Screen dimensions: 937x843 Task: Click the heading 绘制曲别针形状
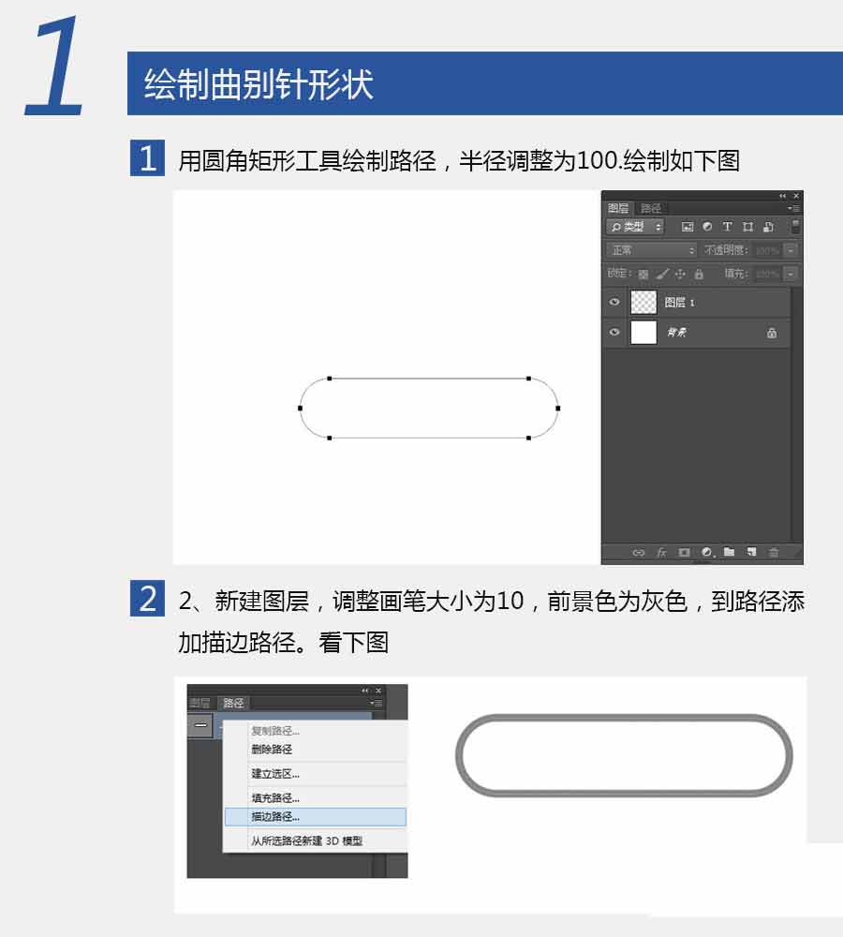[x=259, y=84]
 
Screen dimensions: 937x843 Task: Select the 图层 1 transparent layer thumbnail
[x=644, y=302]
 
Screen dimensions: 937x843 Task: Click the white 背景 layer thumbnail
[x=644, y=333]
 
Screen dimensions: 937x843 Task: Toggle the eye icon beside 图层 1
[x=614, y=302]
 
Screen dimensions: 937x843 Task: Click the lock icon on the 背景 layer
[x=772, y=333]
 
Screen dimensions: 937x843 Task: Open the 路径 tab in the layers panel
[x=651, y=208]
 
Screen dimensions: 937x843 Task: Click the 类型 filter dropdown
[x=636, y=227]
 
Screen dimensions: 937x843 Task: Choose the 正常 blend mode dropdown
[x=652, y=250]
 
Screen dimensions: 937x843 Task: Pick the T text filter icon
[x=727, y=227]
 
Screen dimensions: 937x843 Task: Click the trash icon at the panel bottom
[x=774, y=553]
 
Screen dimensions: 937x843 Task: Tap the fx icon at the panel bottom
[x=661, y=553]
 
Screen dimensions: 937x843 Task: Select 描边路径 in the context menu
[x=275, y=817]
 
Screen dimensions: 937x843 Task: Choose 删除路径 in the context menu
[x=272, y=750]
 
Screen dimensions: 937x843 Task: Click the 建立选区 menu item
[x=275, y=774]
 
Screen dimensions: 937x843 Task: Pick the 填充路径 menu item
[x=275, y=798]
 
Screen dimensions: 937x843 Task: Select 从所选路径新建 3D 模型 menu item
[x=306, y=841]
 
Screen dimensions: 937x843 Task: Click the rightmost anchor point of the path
[x=557, y=408]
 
